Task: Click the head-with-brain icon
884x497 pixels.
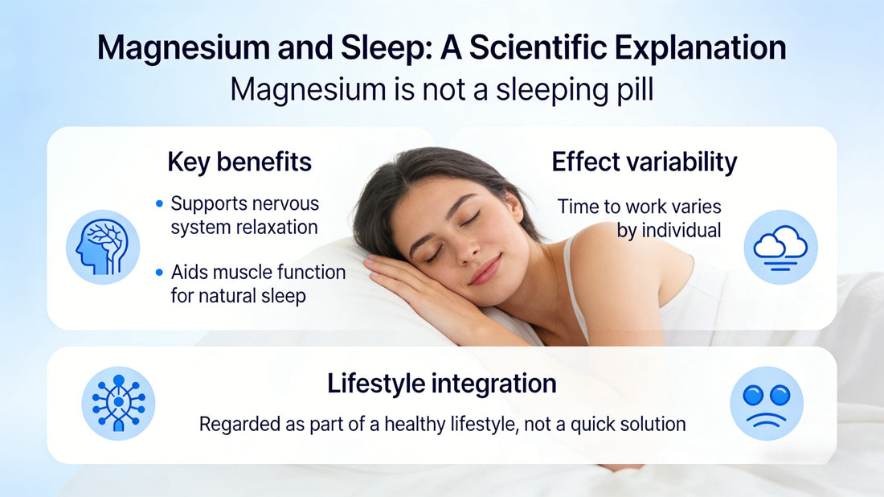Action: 102,247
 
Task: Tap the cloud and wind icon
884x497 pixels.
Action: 780,247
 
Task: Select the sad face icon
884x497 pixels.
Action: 767,403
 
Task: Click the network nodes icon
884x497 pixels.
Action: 118,403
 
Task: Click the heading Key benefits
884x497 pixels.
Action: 239,162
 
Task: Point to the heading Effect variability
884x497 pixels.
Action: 644,162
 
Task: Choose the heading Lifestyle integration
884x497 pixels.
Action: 441,384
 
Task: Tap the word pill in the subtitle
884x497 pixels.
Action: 634,89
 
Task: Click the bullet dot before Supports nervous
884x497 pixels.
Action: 159,204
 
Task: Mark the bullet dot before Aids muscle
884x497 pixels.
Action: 159,273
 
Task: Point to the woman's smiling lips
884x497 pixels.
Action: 484,269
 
